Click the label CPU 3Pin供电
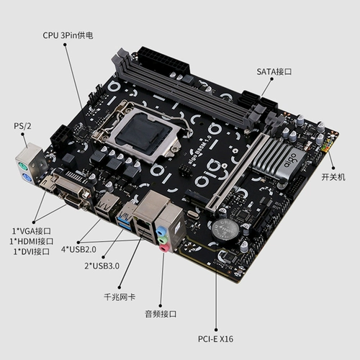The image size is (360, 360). [x=68, y=35]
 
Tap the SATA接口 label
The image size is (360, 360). [x=274, y=72]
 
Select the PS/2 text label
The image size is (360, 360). [x=23, y=126]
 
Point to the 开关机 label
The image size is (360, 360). [x=333, y=176]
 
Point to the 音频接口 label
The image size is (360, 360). [x=161, y=314]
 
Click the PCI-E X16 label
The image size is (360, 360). [x=215, y=338]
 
